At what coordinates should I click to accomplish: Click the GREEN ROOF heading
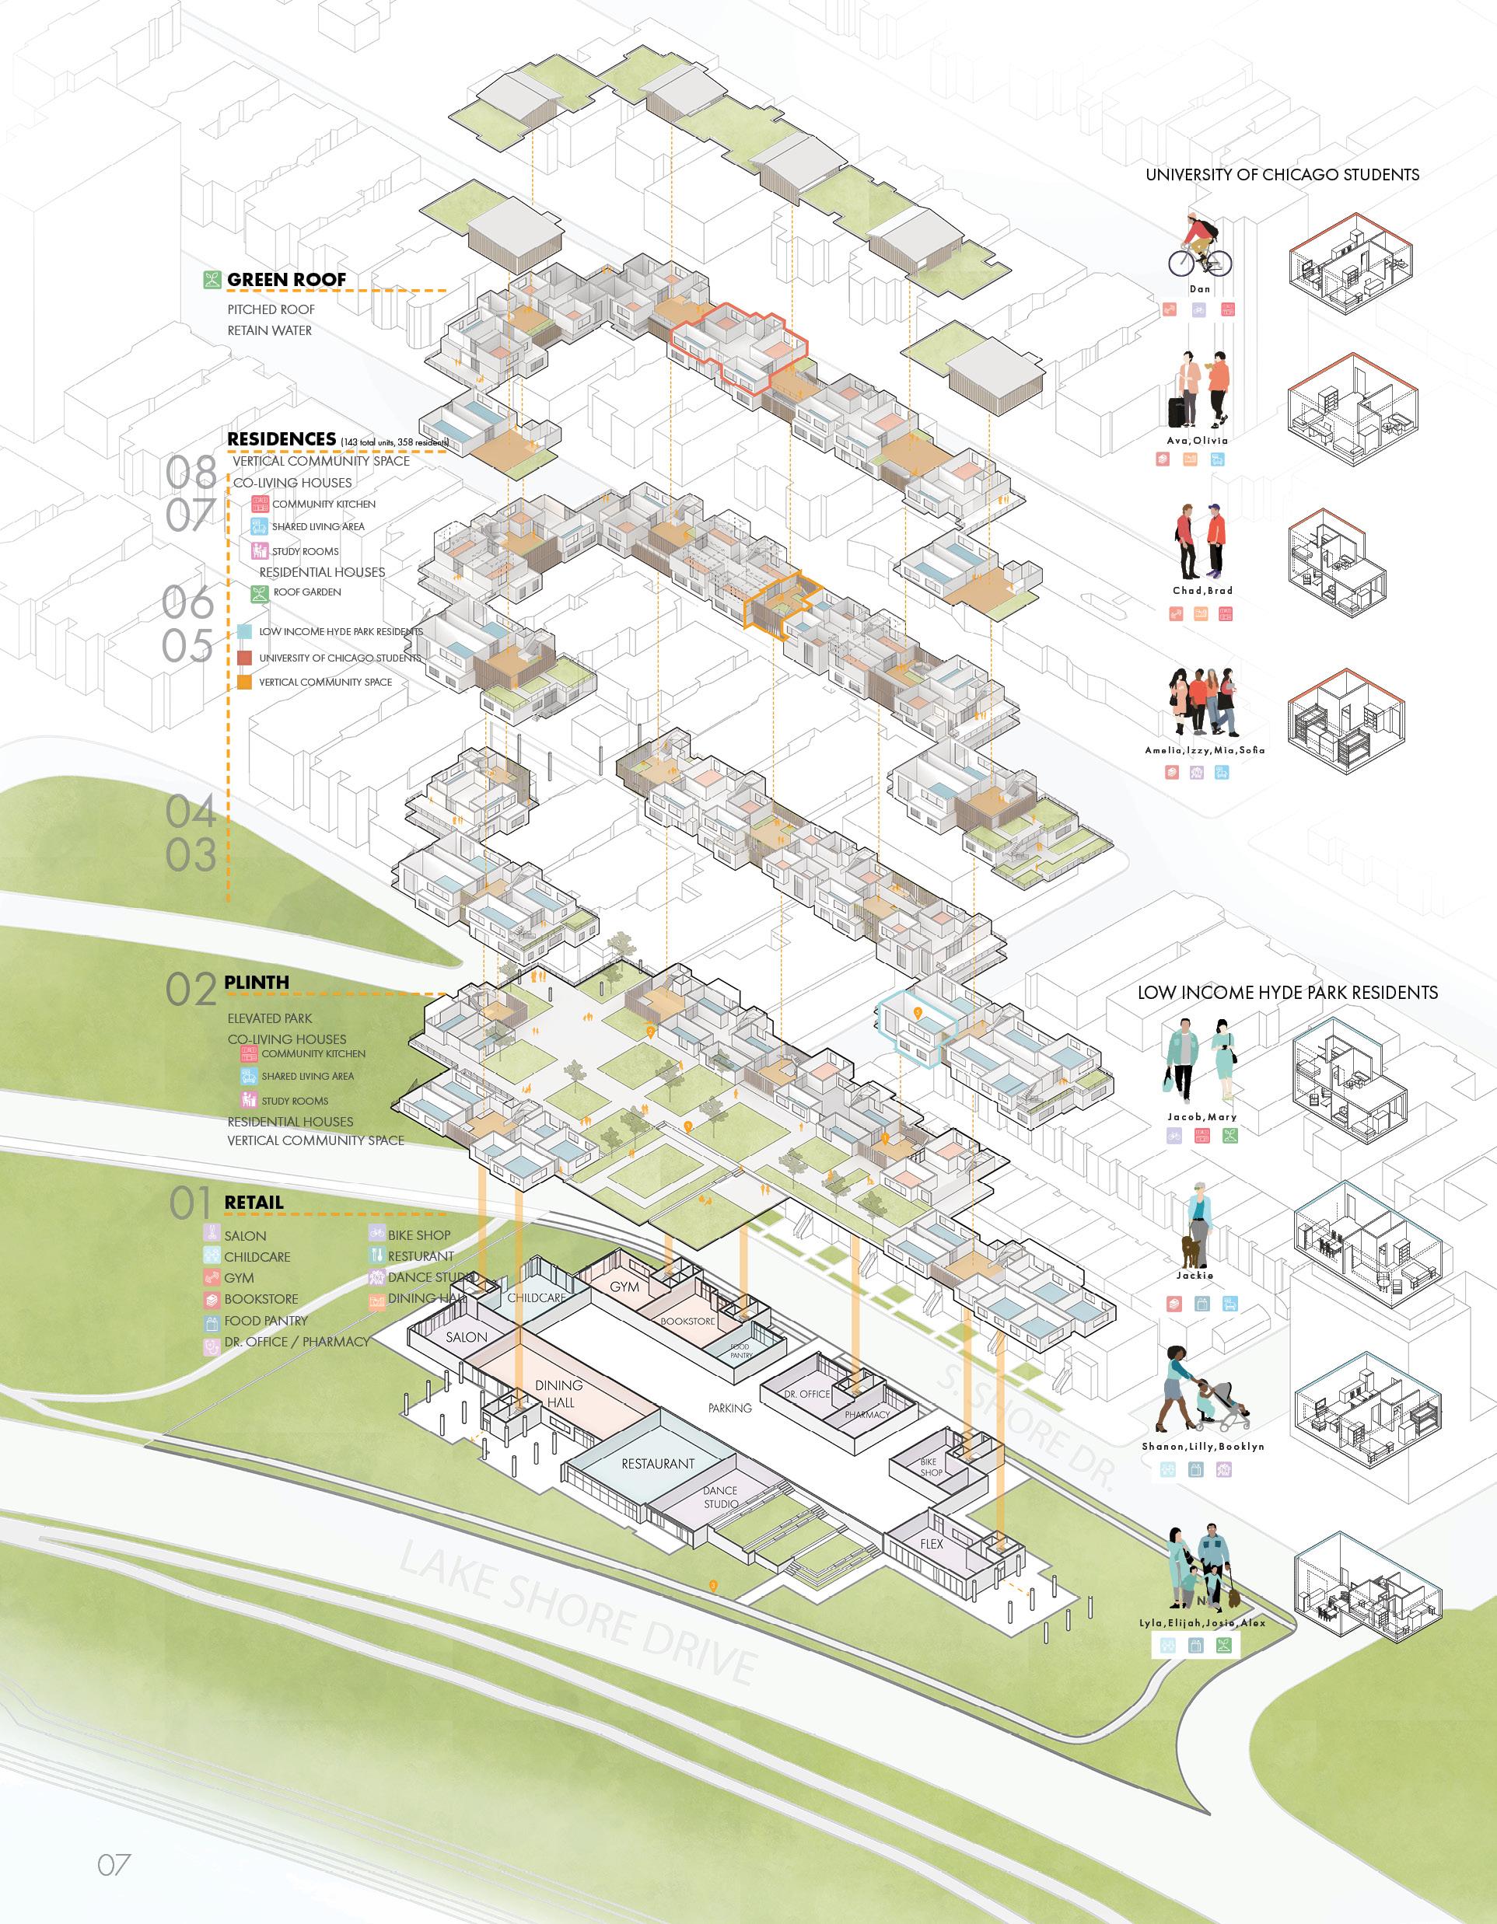coord(286,280)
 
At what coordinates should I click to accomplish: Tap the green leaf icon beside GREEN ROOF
coord(212,280)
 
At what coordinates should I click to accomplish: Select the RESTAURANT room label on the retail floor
coord(658,1463)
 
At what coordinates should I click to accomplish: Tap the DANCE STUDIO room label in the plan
coord(720,1496)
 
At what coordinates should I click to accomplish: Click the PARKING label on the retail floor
coord(729,1408)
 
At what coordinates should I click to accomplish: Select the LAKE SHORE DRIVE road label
coord(577,1620)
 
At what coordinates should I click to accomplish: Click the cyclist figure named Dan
coord(1199,246)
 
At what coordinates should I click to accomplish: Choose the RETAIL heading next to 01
coord(254,1202)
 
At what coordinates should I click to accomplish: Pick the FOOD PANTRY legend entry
coord(266,1320)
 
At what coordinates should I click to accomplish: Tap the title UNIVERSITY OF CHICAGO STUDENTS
coord(1282,174)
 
